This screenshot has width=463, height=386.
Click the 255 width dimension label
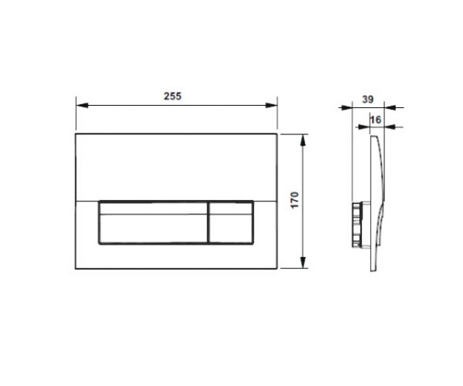click(173, 96)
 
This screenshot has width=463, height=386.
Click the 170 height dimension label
click(295, 200)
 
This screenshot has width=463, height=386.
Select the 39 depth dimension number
click(367, 100)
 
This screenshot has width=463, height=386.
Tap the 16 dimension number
click(376, 120)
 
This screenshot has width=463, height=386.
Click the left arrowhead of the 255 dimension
click(82, 105)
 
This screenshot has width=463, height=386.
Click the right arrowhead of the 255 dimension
click(272, 105)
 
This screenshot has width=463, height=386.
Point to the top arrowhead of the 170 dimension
click(302, 141)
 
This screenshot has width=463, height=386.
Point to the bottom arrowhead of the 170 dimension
click(302, 262)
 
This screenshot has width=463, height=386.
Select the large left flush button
click(154, 222)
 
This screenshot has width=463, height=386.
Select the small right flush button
click(231, 222)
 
